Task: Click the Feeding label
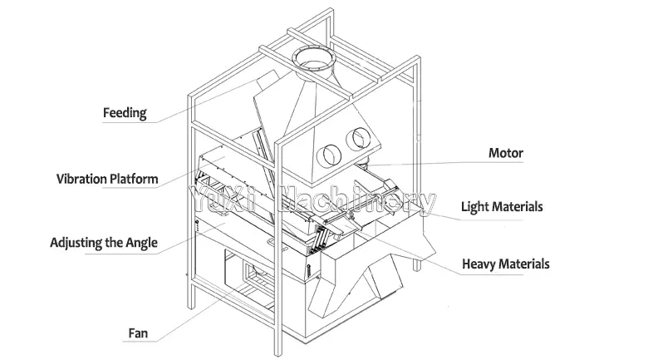point(124,112)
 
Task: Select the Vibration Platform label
point(106,179)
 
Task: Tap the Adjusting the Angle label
point(103,244)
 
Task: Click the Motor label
point(505,153)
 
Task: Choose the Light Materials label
point(503,206)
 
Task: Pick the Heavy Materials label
point(506,264)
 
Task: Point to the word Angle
point(140,244)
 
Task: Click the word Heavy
point(479,264)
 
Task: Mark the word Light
point(476,206)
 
